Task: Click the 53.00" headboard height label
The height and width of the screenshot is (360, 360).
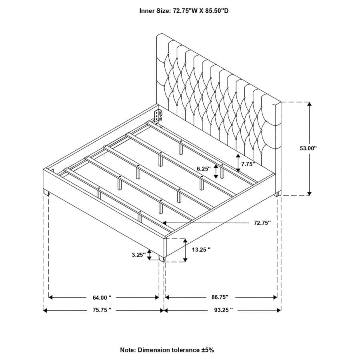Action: pyautogui.click(x=308, y=148)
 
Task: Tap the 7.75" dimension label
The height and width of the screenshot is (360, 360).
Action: pyautogui.click(x=248, y=164)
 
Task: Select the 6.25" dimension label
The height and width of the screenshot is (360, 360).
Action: pyautogui.click(x=203, y=169)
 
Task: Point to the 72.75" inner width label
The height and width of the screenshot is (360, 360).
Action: pyautogui.click(x=262, y=223)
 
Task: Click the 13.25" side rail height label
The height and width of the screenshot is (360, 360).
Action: pyautogui.click(x=201, y=249)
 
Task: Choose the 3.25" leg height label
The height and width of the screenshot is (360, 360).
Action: pyautogui.click(x=138, y=254)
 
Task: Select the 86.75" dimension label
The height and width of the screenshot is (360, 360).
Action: pyautogui.click(x=220, y=297)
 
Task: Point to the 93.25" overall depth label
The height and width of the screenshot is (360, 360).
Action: pyautogui.click(x=223, y=310)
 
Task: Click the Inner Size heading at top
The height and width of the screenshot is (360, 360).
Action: pyautogui.click(x=184, y=11)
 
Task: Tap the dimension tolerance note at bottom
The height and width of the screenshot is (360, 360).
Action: pyautogui.click(x=167, y=350)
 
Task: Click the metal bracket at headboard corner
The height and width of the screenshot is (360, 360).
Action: pyautogui.click(x=158, y=116)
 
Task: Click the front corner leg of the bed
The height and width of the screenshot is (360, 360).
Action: pyautogui.click(x=162, y=260)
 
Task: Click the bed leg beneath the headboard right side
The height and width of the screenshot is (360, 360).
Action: pyautogui.click(x=277, y=195)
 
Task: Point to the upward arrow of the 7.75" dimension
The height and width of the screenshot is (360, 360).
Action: pyautogui.click(x=238, y=156)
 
